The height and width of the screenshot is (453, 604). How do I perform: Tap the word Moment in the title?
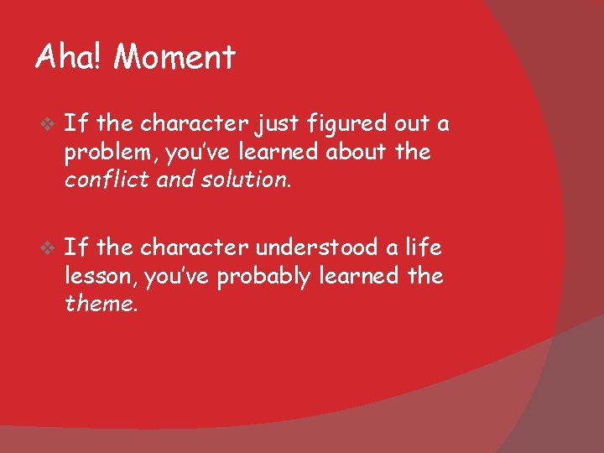point(174,58)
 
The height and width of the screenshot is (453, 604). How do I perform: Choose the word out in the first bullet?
point(411,125)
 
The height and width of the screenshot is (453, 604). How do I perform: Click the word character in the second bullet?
point(195,247)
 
